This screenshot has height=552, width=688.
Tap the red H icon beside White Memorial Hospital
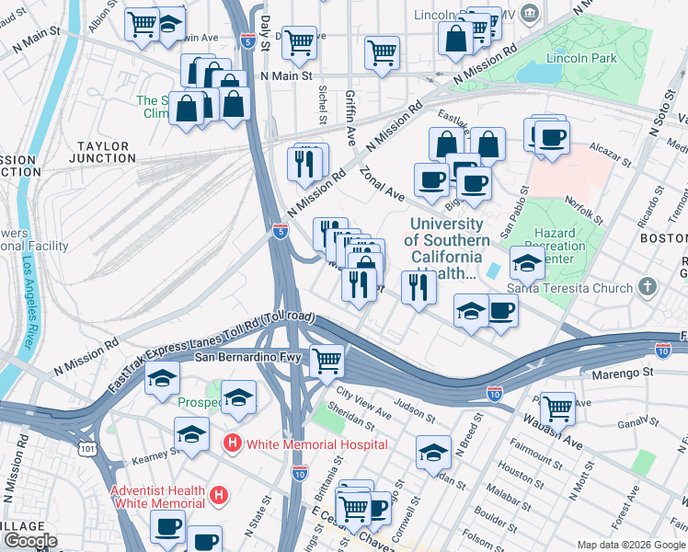pos(234,444)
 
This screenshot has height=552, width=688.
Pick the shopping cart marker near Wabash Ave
pos(557,407)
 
